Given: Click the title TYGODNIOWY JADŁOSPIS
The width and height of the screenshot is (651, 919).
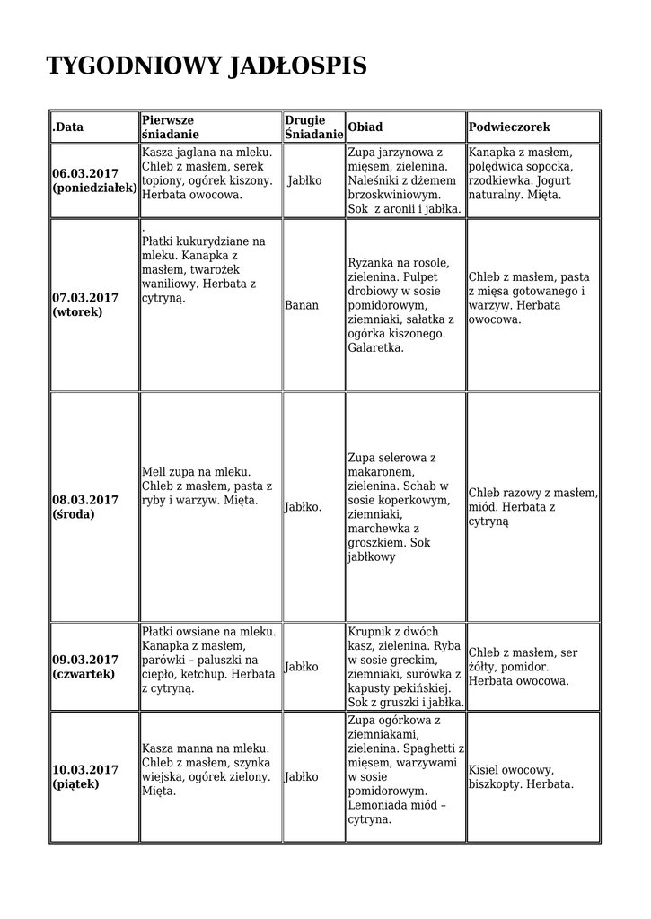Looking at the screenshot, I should click(207, 67).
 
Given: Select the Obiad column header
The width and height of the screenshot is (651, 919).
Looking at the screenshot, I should click(365, 127).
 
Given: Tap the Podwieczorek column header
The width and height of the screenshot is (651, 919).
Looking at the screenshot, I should click(509, 127).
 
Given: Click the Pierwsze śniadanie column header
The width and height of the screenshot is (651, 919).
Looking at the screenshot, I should click(169, 127).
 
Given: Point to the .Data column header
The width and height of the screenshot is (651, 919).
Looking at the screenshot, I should click(67, 127).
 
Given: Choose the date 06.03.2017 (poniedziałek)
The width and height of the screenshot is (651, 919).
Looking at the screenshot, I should click(93, 180).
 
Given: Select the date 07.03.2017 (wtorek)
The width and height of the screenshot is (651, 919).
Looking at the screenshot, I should click(85, 304).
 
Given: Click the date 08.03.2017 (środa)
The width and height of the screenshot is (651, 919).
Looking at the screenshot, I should click(85, 507).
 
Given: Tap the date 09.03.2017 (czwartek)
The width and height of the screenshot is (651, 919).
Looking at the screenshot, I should click(85, 667).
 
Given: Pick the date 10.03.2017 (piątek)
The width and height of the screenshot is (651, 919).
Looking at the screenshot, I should click(85, 776).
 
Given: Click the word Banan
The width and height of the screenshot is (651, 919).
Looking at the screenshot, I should click(302, 305).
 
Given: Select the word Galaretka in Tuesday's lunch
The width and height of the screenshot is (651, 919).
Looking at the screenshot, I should click(375, 347).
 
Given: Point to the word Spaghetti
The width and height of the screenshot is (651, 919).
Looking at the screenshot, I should click(423, 748).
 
